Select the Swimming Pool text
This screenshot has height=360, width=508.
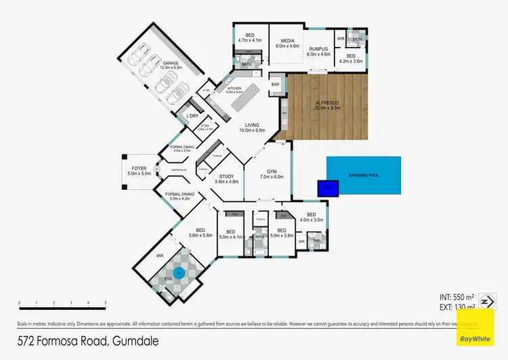tap(362, 176)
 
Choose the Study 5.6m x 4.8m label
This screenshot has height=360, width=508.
tap(226, 179)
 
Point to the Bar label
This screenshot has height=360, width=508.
tap(275, 85)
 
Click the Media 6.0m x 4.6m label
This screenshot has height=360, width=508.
tap(287, 45)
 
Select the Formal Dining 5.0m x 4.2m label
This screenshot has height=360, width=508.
tap(179, 197)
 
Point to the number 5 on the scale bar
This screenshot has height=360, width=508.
tap(105, 303)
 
